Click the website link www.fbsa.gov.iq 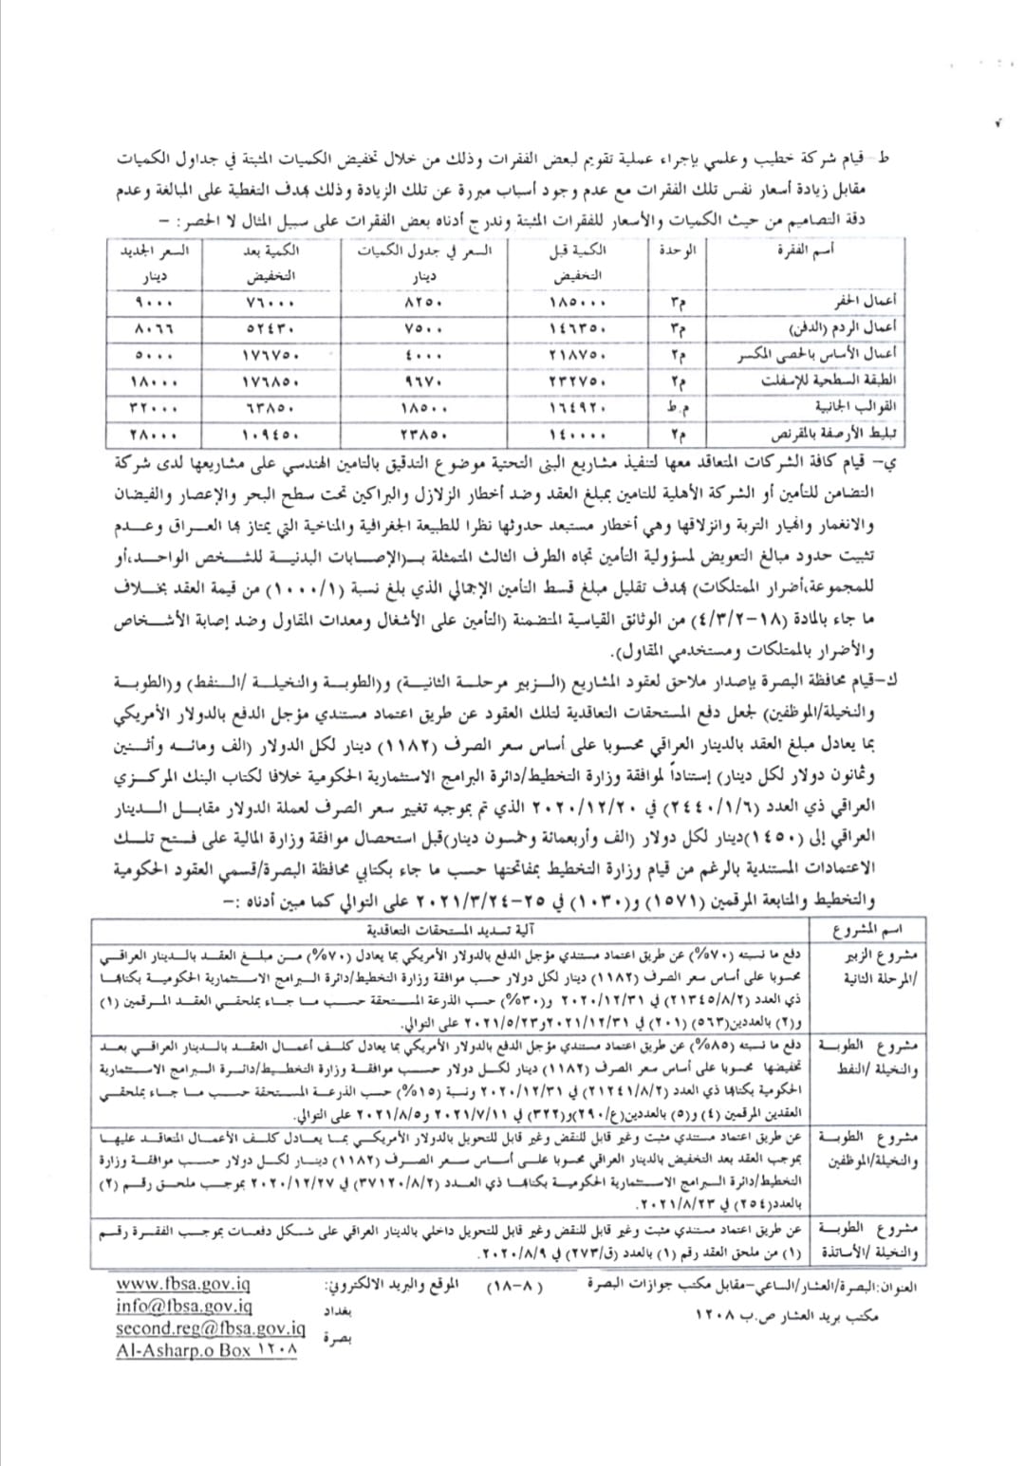click(x=183, y=1284)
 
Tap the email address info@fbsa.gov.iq click(x=184, y=1306)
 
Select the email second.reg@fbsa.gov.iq click(x=211, y=1327)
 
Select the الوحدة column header click(x=677, y=251)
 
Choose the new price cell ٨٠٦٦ click(x=155, y=329)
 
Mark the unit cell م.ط click(x=676, y=408)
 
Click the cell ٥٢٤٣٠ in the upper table click(x=270, y=329)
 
